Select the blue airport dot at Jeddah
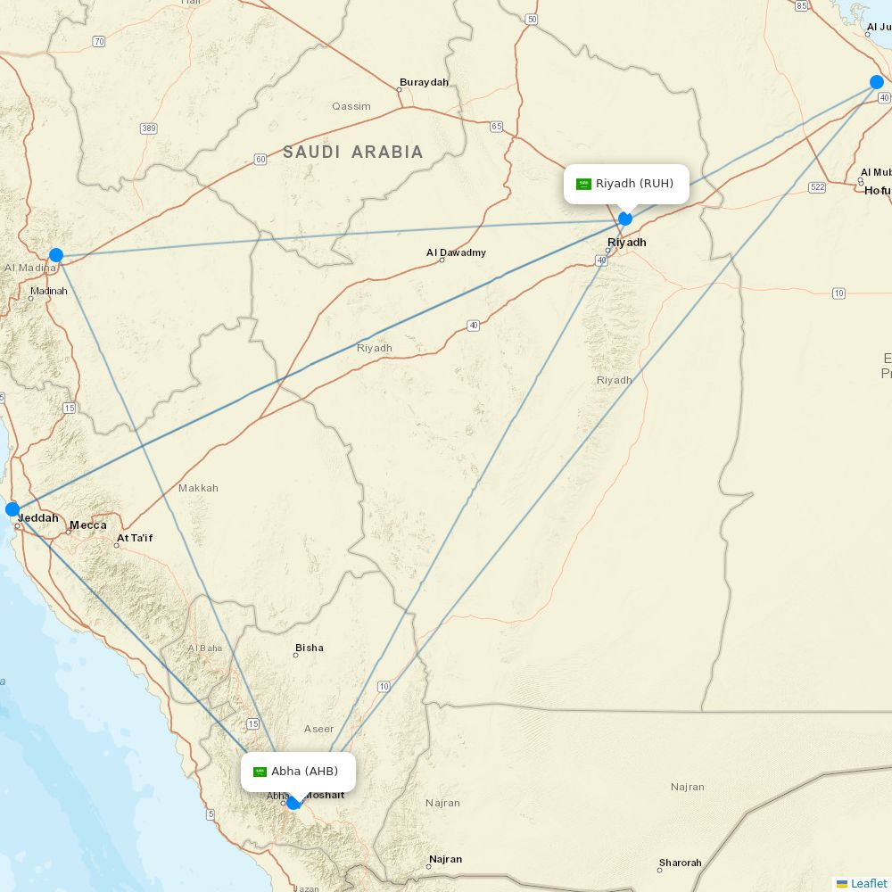tap(12, 509)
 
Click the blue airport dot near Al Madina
tap(56, 255)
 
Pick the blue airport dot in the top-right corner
tap(877, 82)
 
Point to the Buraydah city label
tap(424, 82)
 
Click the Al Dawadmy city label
tap(456, 252)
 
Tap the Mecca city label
tap(88, 524)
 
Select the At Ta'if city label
tap(135, 538)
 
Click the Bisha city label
tap(310, 648)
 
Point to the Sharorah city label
tap(680, 863)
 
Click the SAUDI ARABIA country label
tap(353, 153)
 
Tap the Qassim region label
tap(351, 106)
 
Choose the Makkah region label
tap(198, 488)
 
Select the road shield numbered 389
tap(148, 128)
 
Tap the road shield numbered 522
tap(817, 186)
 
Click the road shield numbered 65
tap(497, 127)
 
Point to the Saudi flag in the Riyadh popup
tap(584, 184)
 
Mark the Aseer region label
tap(318, 729)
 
